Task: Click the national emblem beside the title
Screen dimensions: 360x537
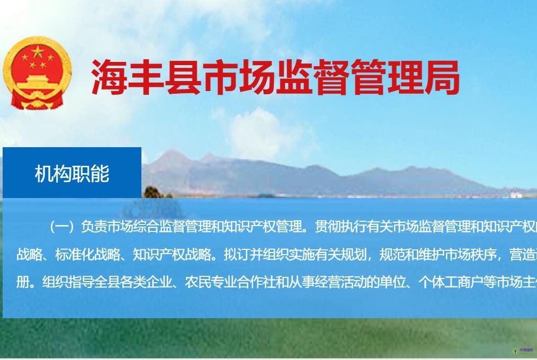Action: tap(37, 73)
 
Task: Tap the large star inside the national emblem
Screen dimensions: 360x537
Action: tap(38, 52)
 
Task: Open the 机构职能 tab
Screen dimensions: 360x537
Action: tap(72, 173)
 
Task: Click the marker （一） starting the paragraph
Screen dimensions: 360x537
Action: tap(62, 227)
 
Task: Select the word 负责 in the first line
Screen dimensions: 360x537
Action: tap(93, 227)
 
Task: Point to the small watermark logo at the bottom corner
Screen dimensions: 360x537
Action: tap(522, 350)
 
